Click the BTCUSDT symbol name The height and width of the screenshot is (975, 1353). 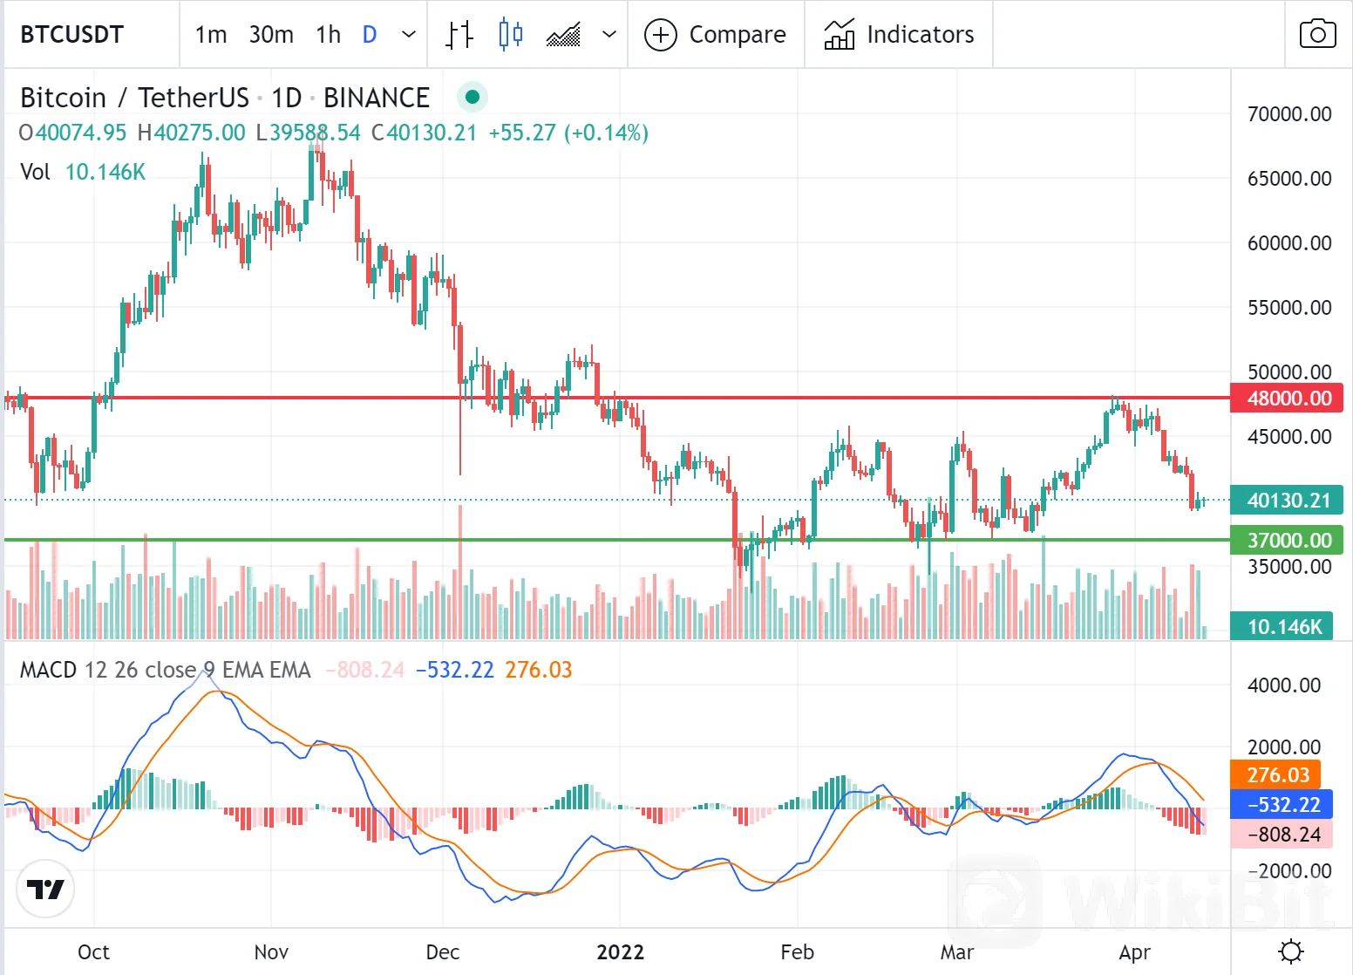coord(72,35)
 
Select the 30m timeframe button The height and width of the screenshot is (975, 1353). coord(271,35)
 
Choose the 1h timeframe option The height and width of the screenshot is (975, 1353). coord(328,35)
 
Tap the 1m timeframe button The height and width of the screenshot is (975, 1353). coord(211,35)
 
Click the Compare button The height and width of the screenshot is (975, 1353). coord(716,35)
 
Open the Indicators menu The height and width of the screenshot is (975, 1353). coord(899,35)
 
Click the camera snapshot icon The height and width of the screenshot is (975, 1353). coord(1317,35)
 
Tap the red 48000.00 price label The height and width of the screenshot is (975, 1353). coord(1287,399)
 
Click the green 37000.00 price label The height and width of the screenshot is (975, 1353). coord(1287,541)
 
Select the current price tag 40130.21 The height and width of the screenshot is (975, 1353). coord(1287,501)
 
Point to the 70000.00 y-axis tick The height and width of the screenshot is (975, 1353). coord(1289,114)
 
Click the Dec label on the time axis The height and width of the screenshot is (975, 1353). coord(443,952)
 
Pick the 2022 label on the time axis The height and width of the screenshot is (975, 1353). coord(620,952)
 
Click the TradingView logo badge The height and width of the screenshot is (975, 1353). coord(45,889)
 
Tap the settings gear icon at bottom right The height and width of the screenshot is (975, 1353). coord(1290,951)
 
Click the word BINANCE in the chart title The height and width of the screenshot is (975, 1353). coord(377,98)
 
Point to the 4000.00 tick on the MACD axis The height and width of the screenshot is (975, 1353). coord(1284,685)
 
